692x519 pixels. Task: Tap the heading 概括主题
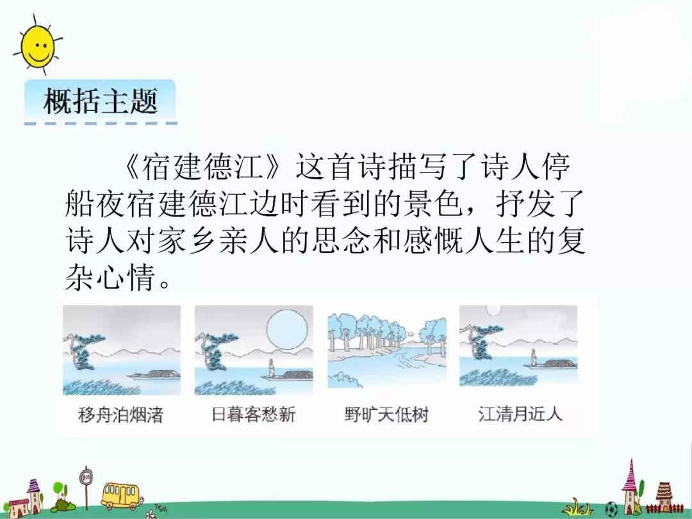101,101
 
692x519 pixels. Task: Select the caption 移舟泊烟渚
120,415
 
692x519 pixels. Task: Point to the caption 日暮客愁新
253,415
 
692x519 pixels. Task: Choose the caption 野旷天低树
386,415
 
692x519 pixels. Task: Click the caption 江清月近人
520,414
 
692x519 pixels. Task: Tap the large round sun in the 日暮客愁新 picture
288,330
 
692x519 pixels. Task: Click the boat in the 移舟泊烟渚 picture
154,375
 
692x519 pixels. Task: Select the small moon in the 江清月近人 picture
493,311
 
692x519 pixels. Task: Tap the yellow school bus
120,495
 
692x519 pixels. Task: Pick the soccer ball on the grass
612,509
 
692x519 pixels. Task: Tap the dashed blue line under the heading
101,124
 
